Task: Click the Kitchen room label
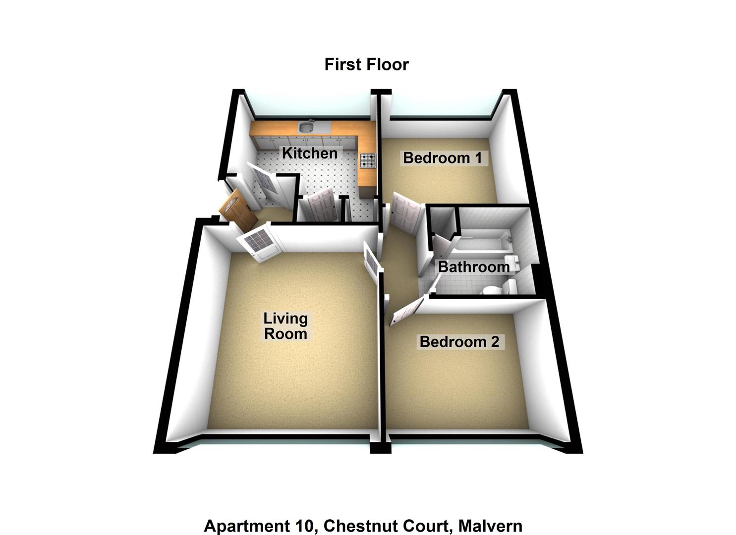(310, 153)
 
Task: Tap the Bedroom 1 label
(442, 158)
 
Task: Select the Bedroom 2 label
(459, 341)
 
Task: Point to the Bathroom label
(473, 267)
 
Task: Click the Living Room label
(285, 325)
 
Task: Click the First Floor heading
(366, 64)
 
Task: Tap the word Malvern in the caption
(490, 526)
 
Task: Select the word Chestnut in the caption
(356, 526)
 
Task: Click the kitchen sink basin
(306, 127)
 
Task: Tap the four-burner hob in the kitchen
(367, 160)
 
